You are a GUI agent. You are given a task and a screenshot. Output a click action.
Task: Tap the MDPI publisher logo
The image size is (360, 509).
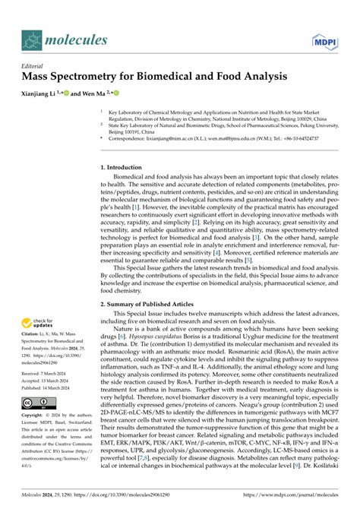324,40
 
